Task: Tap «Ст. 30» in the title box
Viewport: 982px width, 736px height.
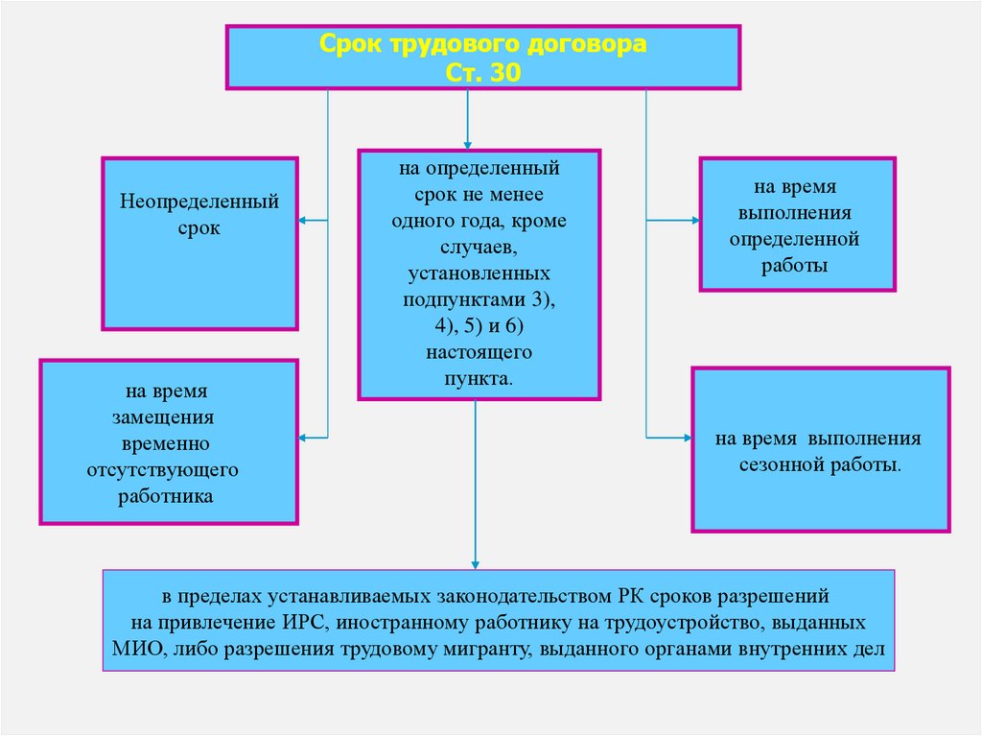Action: tap(483, 73)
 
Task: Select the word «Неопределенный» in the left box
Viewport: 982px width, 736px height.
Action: tap(199, 202)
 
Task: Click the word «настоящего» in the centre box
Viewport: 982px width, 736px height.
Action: tap(479, 352)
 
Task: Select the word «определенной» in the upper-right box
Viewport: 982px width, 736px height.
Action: tap(794, 239)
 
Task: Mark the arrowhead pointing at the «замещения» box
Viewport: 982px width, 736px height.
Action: tap(303, 438)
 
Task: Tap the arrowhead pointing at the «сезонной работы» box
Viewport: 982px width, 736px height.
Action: tap(687, 438)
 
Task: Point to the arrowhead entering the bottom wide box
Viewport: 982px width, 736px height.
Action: tap(475, 563)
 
